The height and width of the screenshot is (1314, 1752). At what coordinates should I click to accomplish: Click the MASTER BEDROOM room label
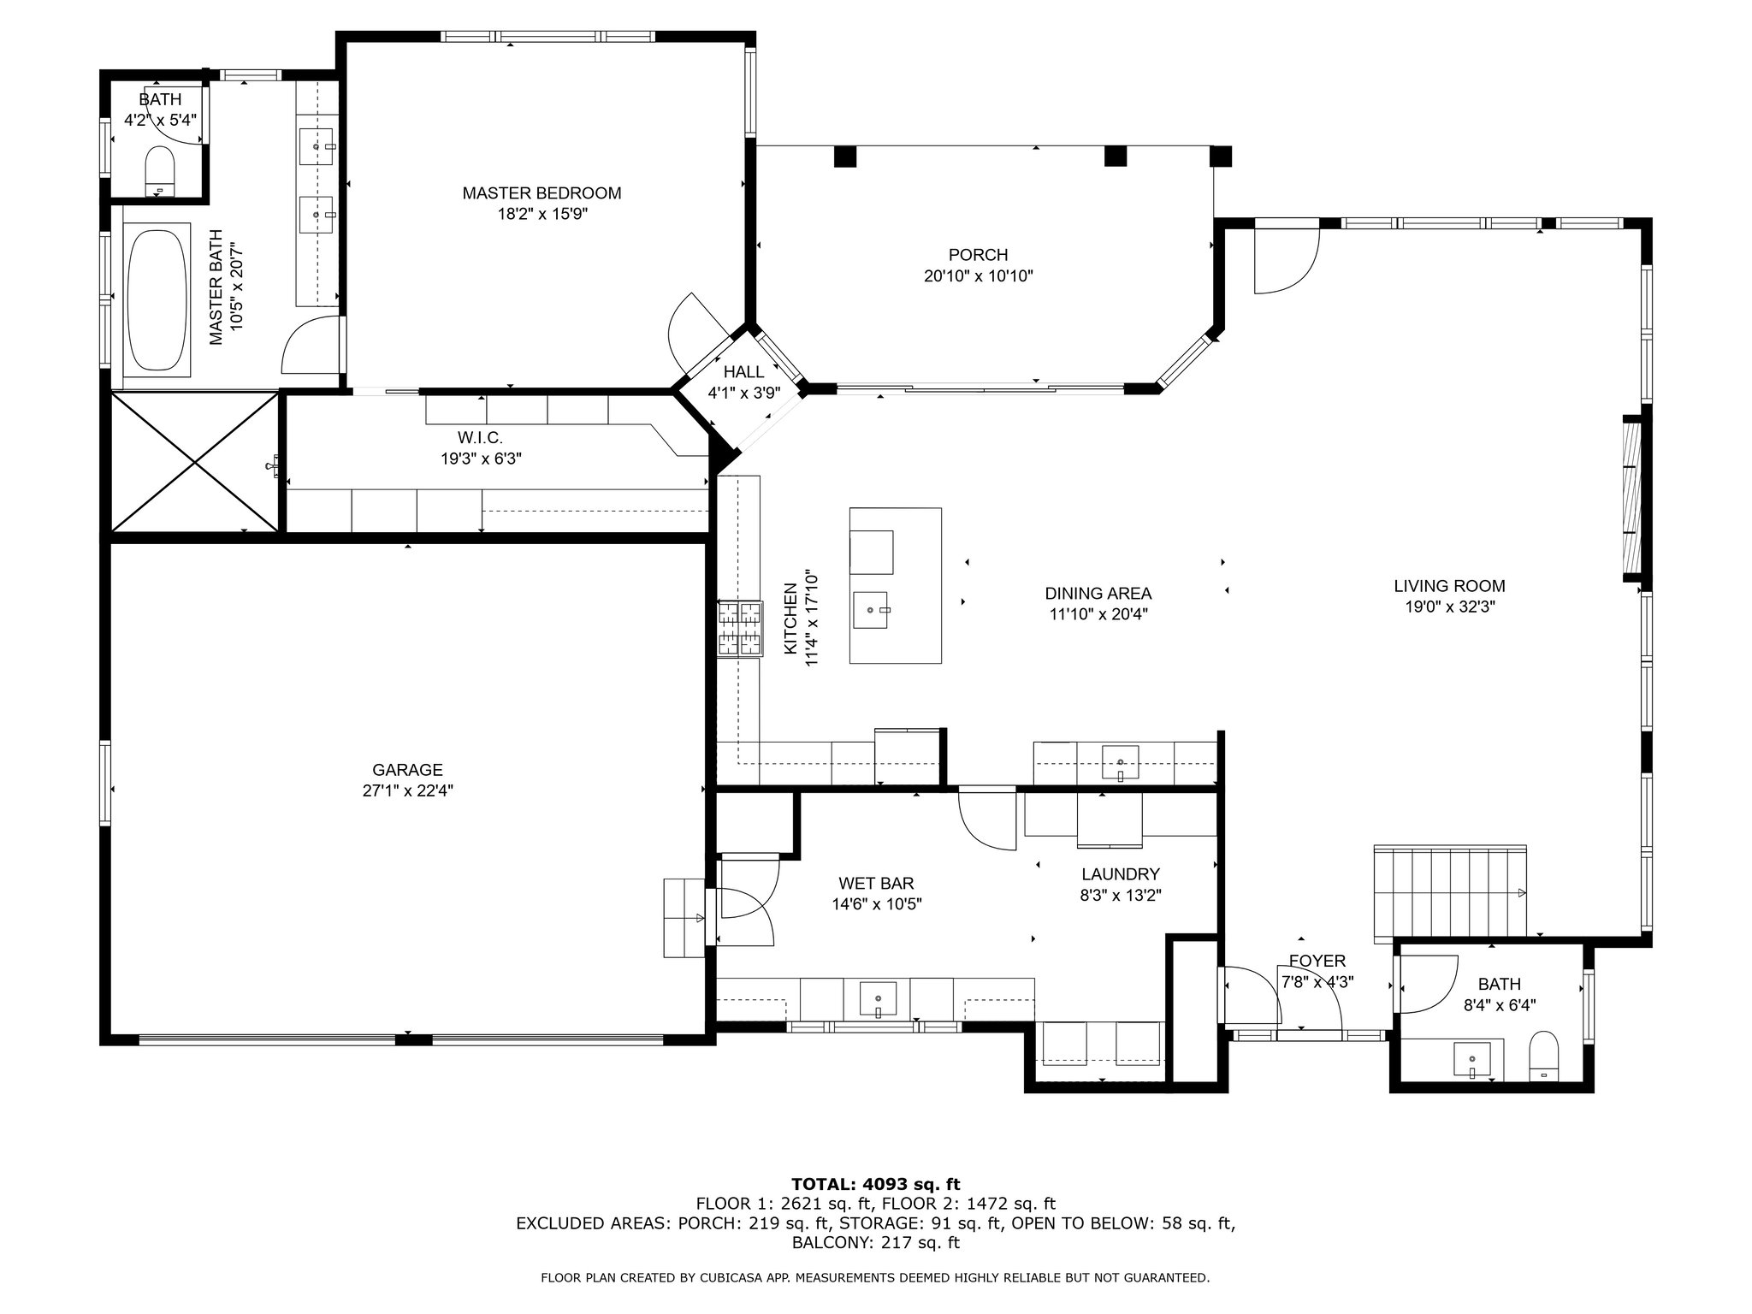542,193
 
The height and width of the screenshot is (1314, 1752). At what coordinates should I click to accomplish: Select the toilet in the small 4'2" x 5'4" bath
160,170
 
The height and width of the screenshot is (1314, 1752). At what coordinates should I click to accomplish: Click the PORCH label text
978,255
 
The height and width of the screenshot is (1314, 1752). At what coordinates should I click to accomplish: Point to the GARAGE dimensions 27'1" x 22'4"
407,791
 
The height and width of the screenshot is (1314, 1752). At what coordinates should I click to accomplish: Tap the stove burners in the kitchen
739,629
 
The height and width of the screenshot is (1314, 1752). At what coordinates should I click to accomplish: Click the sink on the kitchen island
872,611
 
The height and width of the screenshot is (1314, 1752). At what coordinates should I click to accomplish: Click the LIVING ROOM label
1449,586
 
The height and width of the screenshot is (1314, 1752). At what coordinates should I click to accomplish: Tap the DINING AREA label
1098,593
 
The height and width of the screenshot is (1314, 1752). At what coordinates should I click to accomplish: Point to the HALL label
743,372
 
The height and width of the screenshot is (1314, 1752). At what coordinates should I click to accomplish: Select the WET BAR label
876,883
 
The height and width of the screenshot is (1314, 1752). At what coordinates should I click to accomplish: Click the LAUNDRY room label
1120,874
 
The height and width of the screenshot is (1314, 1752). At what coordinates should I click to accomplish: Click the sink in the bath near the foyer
1472,1060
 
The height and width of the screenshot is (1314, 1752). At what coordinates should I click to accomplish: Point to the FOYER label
1317,962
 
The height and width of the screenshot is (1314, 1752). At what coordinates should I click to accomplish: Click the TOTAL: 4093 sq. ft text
876,1185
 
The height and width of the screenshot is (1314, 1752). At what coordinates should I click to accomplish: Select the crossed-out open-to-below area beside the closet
195,462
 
